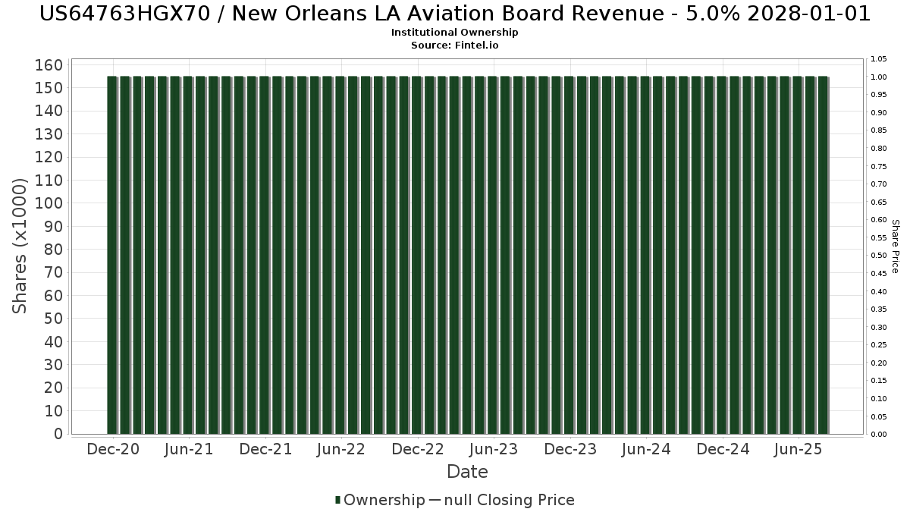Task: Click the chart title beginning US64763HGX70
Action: click(455, 14)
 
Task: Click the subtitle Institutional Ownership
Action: click(455, 33)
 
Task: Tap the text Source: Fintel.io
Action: click(455, 45)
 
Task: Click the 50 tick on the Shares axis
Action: click(51, 319)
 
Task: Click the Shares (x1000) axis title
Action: click(20, 246)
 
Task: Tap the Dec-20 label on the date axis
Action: click(113, 450)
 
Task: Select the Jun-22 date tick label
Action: click(341, 450)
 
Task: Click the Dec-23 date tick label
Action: click(570, 450)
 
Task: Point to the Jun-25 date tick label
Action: click(798, 450)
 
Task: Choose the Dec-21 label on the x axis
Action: click(265, 450)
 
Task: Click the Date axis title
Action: click(467, 472)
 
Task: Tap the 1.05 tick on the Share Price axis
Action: click(878, 59)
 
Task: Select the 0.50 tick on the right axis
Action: click(878, 256)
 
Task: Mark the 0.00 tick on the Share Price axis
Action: click(878, 435)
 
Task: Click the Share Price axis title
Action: click(896, 246)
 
